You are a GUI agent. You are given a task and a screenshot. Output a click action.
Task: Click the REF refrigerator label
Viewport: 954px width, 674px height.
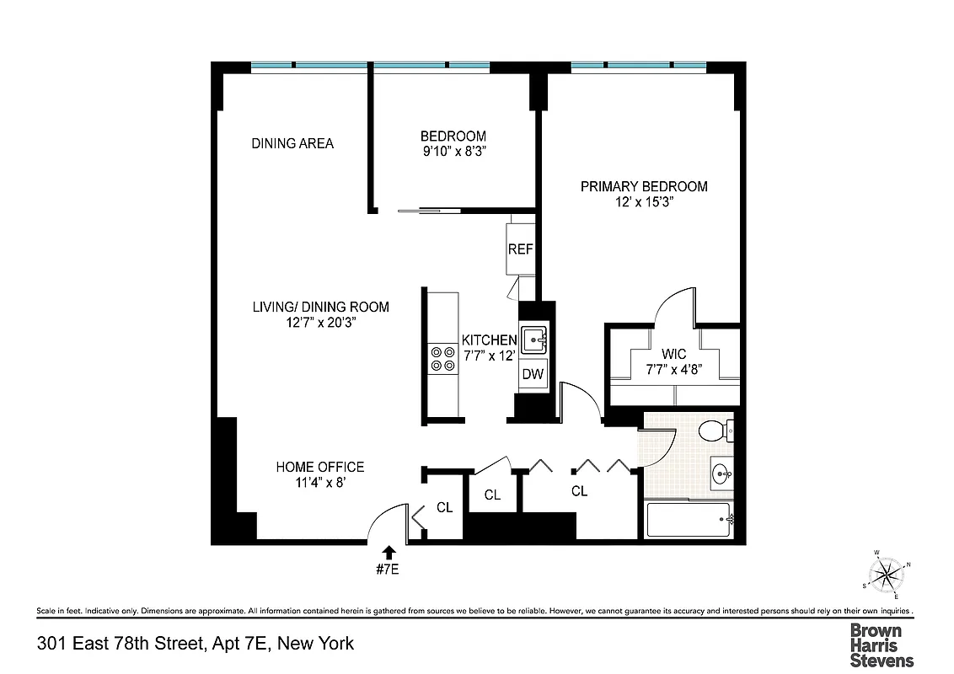click(x=520, y=249)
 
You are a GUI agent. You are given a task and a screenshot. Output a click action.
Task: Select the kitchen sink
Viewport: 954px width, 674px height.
click(x=533, y=341)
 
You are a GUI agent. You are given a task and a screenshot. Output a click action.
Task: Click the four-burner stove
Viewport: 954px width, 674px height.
click(x=443, y=359)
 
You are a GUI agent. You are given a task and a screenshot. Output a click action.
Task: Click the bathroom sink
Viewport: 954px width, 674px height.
click(x=721, y=473)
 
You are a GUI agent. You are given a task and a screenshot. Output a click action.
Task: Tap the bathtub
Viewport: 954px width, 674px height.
click(x=688, y=521)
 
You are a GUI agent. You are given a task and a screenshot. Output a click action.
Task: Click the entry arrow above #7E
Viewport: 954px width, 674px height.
click(x=389, y=552)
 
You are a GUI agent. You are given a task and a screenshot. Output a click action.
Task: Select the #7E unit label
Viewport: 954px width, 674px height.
click(x=387, y=570)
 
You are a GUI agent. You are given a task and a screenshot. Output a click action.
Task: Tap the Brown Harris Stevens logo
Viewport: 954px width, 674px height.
click(x=882, y=645)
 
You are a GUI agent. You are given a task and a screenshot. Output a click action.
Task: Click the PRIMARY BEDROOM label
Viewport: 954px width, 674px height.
click(x=644, y=186)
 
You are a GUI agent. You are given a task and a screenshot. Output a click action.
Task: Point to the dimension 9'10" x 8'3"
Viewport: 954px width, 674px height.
click(x=453, y=152)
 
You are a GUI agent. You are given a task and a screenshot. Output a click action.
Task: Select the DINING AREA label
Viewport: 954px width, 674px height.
click(x=292, y=143)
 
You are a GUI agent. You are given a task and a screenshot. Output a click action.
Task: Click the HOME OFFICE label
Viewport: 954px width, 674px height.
click(x=320, y=467)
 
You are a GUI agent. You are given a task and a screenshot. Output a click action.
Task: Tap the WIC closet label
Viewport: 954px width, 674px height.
click(x=674, y=355)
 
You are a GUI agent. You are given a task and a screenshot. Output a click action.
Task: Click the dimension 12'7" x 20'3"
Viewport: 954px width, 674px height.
click(x=321, y=323)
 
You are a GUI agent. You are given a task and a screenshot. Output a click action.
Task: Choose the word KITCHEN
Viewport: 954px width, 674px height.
click(x=489, y=340)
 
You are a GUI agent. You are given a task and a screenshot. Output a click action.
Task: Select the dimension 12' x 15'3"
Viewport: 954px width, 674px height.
click(x=644, y=203)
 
